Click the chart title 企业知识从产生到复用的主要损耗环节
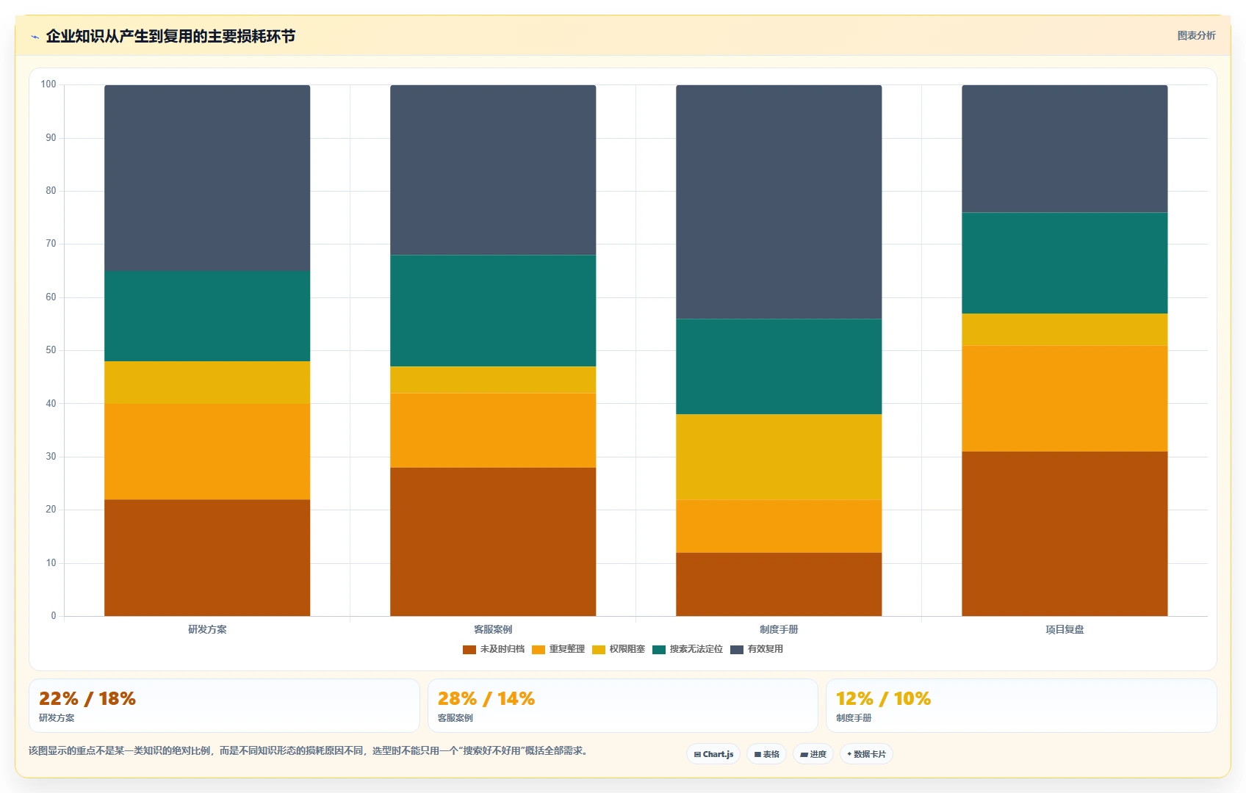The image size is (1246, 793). [170, 36]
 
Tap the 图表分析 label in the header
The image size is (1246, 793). [1196, 35]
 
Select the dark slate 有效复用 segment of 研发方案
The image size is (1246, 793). [207, 178]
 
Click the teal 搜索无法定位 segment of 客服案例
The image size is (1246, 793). [493, 311]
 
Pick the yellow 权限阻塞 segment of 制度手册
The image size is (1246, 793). [779, 457]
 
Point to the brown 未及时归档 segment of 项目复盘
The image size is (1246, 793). [1065, 534]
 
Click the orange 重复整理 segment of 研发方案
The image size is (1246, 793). [207, 452]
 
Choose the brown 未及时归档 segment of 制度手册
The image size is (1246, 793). [779, 584]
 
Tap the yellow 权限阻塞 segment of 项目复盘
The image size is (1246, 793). [1065, 329]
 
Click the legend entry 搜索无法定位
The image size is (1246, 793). [688, 649]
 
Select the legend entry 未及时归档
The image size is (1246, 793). [494, 649]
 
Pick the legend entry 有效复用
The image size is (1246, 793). [757, 649]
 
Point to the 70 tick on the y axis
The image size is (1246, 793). [51, 244]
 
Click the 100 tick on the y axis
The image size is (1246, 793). [48, 84]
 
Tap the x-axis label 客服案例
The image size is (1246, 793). [493, 629]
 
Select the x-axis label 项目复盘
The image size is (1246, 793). [1065, 629]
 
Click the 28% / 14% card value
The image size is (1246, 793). [486, 698]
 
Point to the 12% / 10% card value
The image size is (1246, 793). [883, 698]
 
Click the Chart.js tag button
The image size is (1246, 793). [713, 754]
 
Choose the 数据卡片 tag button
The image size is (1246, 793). [866, 754]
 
